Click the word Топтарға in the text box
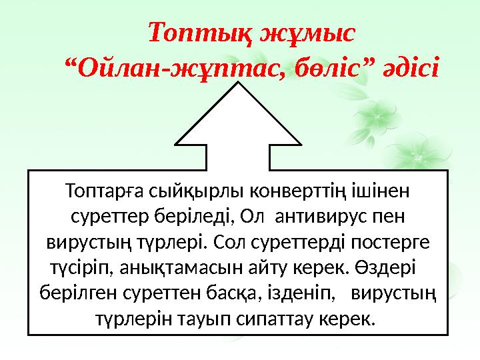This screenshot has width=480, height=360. pos(102,192)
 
